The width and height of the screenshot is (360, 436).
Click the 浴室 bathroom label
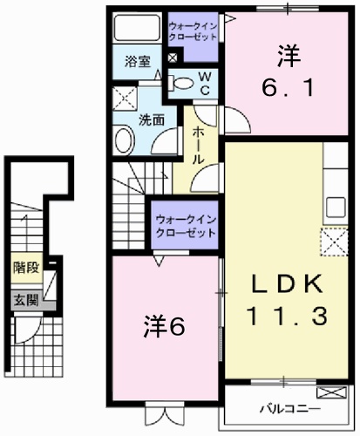coord(136,63)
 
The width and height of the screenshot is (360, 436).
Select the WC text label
coord(206,84)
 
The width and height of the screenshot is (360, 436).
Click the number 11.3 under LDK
coord(289,316)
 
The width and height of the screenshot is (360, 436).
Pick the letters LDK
coord(289,283)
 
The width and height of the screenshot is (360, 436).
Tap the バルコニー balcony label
coord(289,408)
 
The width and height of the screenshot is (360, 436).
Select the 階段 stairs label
coord(24,269)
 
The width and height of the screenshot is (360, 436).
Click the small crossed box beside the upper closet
coord(172,58)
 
